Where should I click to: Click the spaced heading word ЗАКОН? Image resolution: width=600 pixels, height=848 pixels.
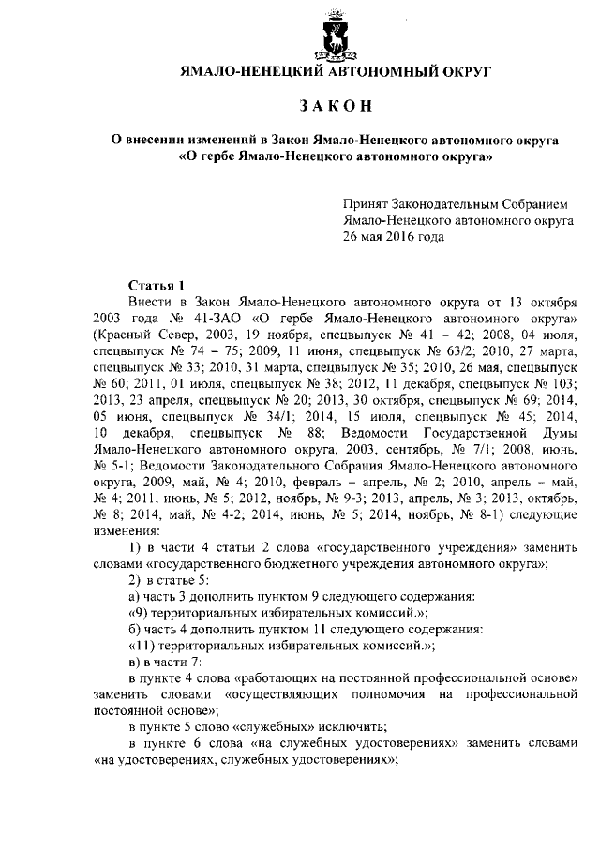click(x=334, y=103)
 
